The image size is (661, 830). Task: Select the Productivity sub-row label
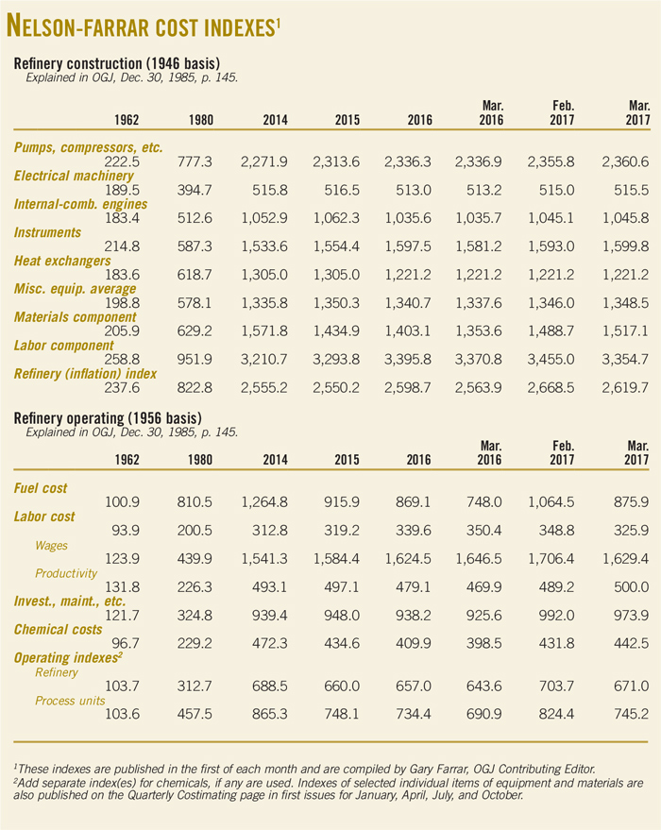tap(67, 573)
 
